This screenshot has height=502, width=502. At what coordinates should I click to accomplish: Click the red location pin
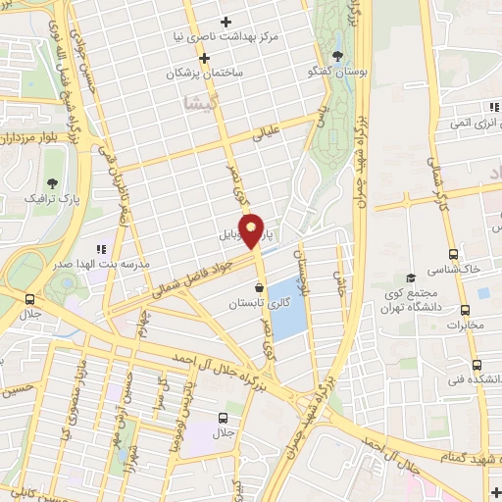click(x=252, y=229)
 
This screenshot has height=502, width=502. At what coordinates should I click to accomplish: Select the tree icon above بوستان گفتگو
click(x=338, y=56)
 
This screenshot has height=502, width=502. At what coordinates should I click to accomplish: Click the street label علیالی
click(x=267, y=130)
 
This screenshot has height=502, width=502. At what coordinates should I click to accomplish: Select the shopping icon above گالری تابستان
click(x=259, y=288)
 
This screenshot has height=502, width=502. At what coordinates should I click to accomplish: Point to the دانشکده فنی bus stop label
click(x=472, y=379)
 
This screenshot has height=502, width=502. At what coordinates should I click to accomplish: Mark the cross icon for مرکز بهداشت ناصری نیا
click(x=226, y=21)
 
